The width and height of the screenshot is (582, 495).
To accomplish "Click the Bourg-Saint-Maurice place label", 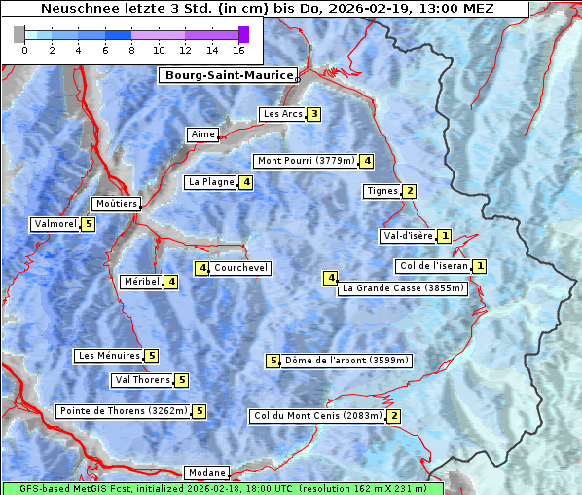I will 229,75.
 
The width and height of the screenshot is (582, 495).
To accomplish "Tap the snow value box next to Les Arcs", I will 313,114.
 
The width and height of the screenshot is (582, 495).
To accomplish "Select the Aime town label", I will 202,134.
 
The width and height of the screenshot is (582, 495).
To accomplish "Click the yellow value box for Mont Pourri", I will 367,161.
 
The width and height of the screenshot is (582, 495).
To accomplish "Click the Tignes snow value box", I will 410,191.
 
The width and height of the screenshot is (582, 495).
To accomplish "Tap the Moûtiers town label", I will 116,204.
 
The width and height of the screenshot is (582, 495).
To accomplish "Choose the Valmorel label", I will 55,224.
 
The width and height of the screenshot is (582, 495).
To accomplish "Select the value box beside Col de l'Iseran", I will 479,266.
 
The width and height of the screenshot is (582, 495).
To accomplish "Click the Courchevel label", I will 240,268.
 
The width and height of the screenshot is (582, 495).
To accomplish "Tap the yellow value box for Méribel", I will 171,282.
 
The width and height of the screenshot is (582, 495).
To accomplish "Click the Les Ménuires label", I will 109,356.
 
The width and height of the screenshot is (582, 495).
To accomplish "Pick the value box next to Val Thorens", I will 181,380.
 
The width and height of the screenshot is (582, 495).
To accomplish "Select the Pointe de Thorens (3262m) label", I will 123,411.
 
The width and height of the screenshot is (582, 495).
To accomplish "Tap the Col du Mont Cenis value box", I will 393,416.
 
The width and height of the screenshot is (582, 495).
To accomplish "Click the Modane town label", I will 206,473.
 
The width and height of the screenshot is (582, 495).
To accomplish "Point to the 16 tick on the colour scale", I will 239,50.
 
